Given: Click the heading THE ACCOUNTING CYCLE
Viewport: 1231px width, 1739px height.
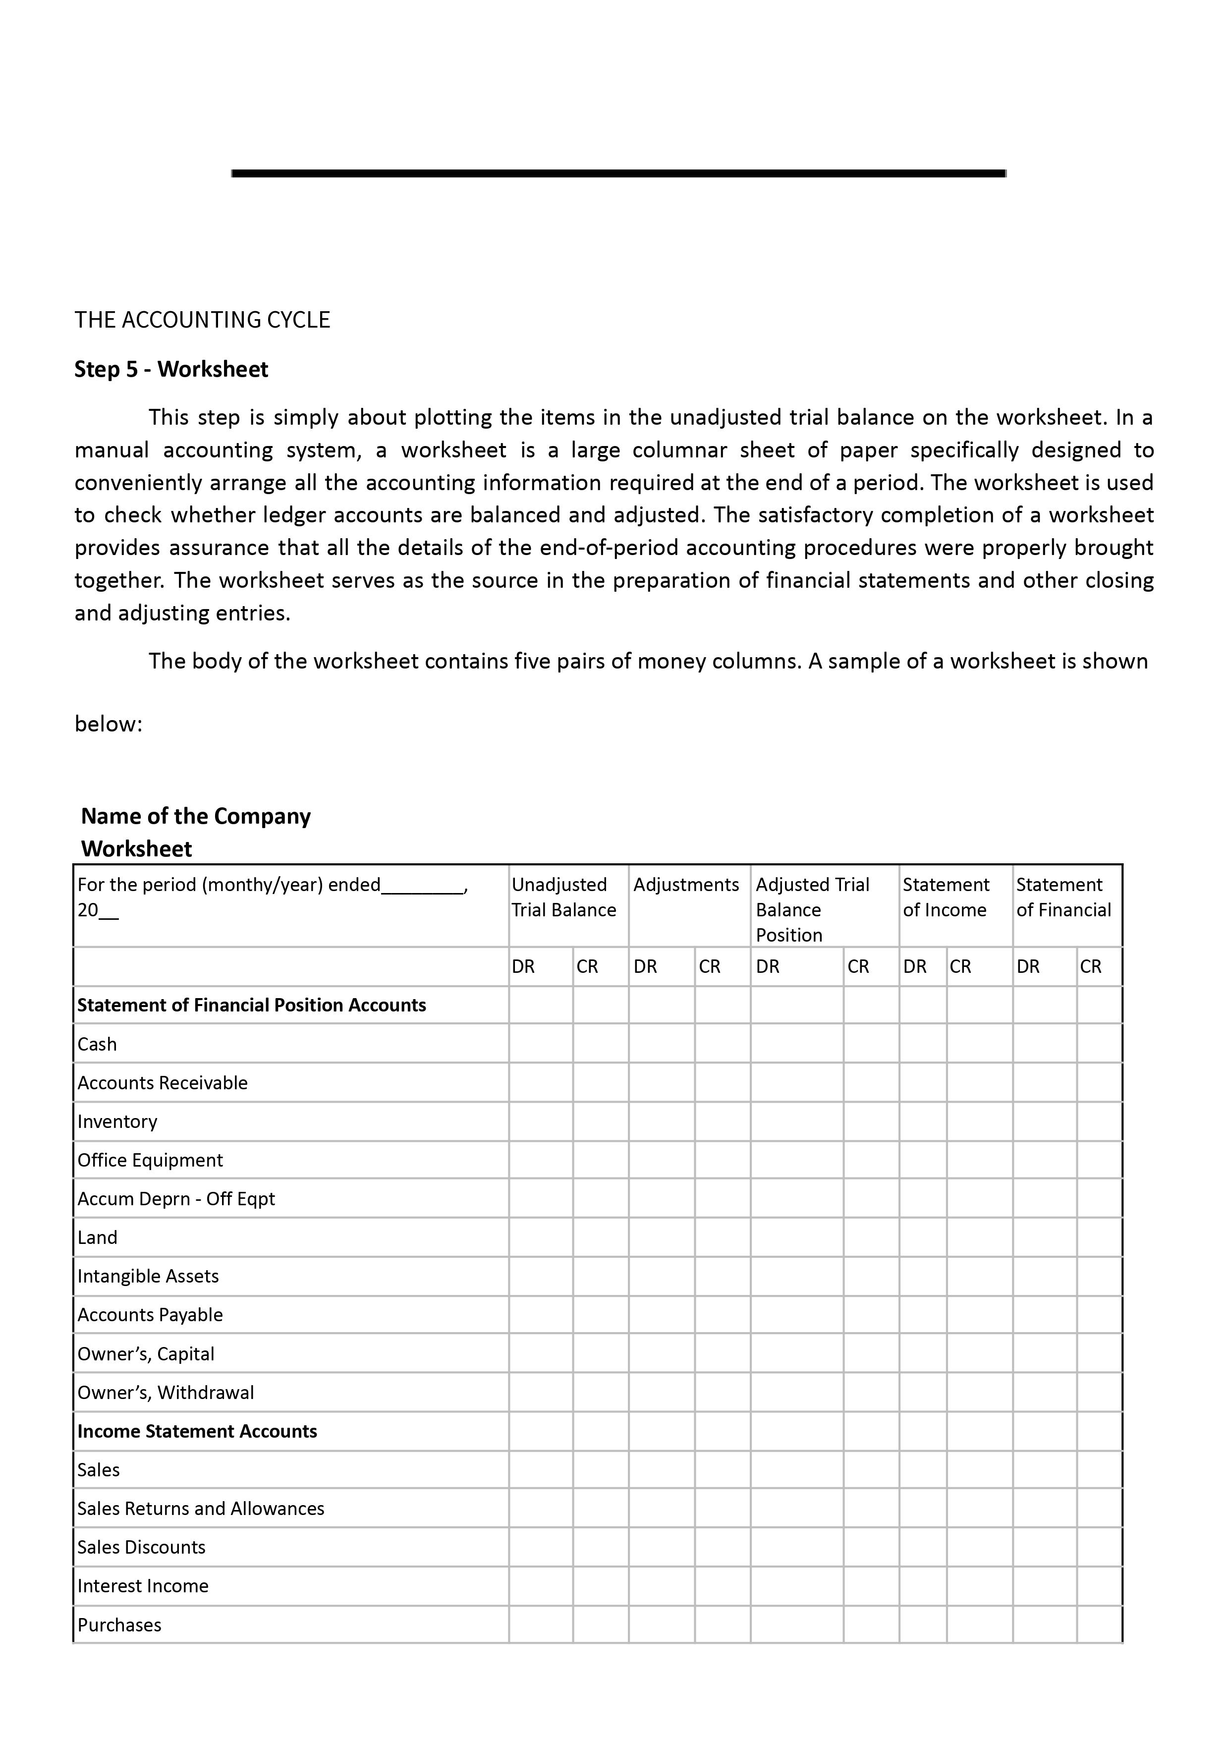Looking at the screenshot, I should tap(202, 320).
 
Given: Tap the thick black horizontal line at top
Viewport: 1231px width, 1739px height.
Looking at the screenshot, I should tap(618, 173).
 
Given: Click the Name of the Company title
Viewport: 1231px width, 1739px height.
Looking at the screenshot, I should tap(196, 816).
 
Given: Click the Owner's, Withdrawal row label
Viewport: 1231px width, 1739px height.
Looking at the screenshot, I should tap(165, 1393).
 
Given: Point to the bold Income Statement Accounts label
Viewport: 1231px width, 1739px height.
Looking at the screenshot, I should tap(197, 1431).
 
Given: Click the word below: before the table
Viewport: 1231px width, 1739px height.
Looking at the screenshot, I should tap(109, 724).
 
